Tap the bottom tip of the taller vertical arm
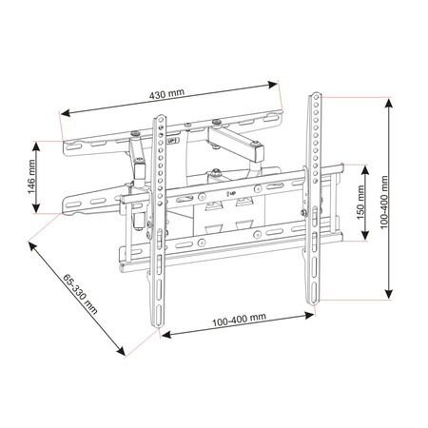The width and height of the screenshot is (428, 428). pyautogui.click(x=310, y=303)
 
